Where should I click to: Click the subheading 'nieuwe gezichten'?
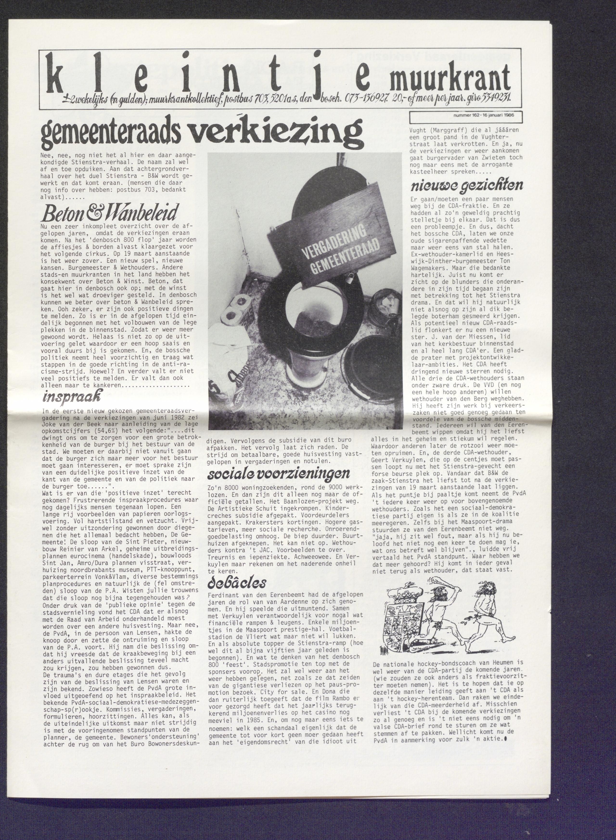click(467, 185)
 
